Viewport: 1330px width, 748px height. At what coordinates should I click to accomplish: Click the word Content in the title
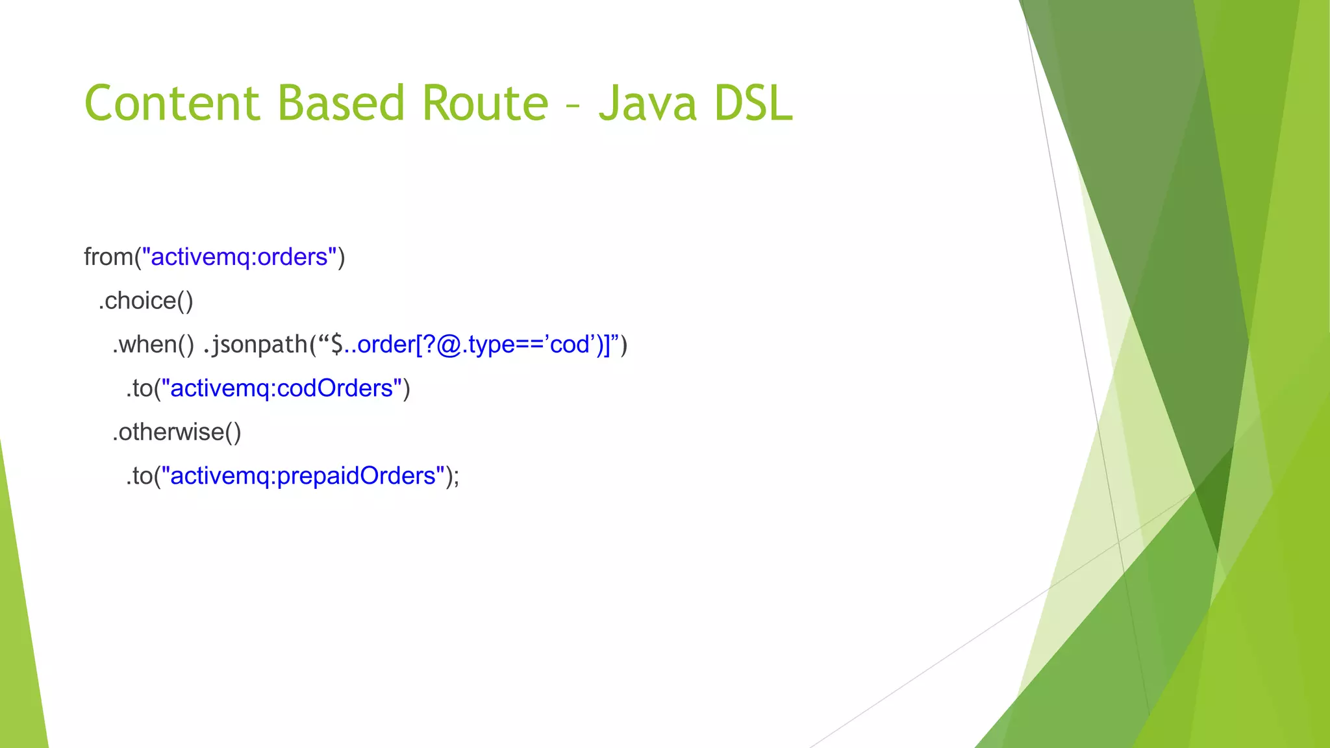coord(172,104)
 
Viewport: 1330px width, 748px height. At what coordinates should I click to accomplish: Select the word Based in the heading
coord(341,104)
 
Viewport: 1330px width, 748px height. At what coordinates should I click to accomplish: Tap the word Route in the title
coord(485,104)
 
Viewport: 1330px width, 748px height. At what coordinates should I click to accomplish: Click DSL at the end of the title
coord(753,104)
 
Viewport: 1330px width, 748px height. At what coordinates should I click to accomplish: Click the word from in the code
coord(108,257)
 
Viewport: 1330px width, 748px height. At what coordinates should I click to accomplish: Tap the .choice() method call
coord(145,301)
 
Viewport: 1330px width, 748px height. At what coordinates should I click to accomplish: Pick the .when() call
coord(153,344)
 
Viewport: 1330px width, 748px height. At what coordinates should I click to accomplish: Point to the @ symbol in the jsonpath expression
coord(449,344)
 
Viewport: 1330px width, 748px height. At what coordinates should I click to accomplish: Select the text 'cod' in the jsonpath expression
coord(570,344)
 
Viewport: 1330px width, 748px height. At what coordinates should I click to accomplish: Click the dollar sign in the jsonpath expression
coord(337,344)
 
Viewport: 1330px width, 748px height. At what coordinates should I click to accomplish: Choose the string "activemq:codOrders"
coord(282,388)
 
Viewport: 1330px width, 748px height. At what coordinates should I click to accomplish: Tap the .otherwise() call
coord(177,432)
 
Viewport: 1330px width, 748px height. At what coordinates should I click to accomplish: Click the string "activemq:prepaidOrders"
coord(303,476)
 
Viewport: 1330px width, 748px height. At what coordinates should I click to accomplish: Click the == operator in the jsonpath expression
coord(527,345)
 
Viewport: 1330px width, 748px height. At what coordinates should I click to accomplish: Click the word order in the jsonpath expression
coord(386,344)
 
